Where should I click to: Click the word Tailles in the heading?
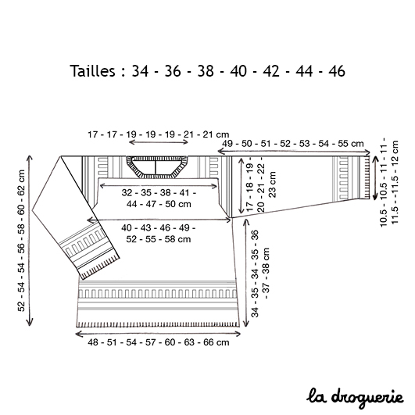coord(93,71)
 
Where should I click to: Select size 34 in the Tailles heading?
coord(140,71)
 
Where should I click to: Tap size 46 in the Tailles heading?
coord(337,71)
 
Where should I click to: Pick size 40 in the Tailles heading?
coord(238,71)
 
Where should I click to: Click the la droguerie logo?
coord(355,398)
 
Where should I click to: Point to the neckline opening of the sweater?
coord(156,166)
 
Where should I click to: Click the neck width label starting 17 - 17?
coord(159,134)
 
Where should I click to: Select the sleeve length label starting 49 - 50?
coord(293,144)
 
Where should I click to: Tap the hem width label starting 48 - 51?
coord(159,342)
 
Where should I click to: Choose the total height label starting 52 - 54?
coord(21,240)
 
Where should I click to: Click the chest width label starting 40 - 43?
coord(159,234)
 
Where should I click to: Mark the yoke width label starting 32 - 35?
coord(159,199)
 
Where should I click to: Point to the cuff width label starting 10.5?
coord(389,182)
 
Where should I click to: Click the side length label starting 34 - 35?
coord(260,274)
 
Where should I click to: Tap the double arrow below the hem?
coord(158,334)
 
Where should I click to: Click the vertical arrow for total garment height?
coord(30,240)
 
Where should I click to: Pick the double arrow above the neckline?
coord(159,142)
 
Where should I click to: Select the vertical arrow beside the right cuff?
coord(375,178)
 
